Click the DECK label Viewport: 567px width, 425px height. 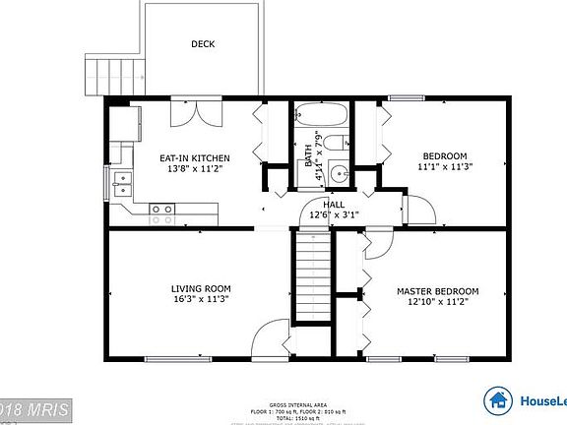[x=203, y=43]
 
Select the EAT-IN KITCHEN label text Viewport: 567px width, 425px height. [x=195, y=157]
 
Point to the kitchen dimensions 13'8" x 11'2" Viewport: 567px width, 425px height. [x=195, y=168]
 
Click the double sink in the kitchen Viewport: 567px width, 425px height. [x=122, y=180]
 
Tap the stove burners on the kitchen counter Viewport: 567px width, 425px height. [x=162, y=209]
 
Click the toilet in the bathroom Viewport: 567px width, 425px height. [x=336, y=141]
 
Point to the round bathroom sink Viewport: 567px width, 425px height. [x=339, y=173]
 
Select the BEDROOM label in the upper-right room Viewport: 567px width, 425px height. [x=445, y=155]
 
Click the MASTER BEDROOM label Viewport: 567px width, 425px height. [x=437, y=291]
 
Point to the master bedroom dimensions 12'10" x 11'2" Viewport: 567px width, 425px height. [x=437, y=303]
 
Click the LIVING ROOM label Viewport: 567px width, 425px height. [x=201, y=288]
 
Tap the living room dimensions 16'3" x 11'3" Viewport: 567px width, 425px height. [x=201, y=299]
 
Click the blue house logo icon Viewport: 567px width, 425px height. [x=498, y=398]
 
